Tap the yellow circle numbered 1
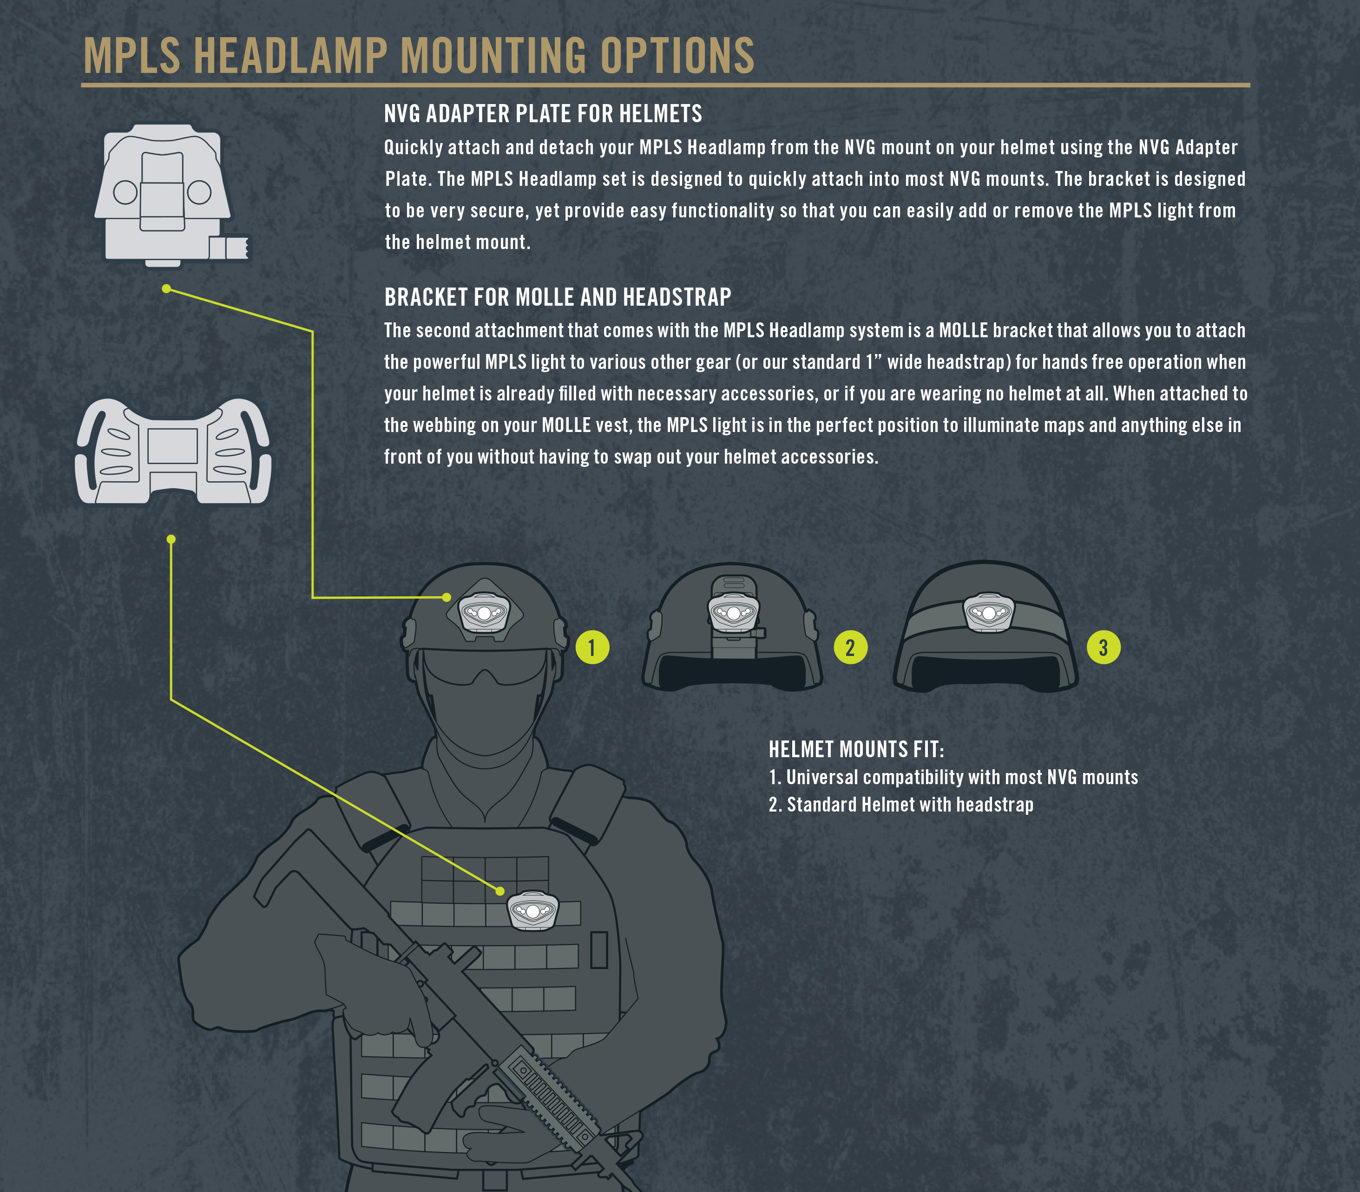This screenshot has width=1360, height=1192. (x=592, y=647)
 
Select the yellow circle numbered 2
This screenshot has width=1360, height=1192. (x=850, y=647)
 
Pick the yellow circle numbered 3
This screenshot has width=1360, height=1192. (x=1103, y=647)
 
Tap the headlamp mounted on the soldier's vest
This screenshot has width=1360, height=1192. (x=533, y=910)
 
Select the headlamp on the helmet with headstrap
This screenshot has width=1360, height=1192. (x=989, y=612)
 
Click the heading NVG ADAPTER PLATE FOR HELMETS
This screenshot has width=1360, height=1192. (x=542, y=114)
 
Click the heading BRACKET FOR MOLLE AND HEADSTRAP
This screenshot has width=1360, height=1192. (x=558, y=297)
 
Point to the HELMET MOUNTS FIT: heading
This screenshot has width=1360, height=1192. (x=856, y=750)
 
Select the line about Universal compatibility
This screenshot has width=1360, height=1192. (x=953, y=777)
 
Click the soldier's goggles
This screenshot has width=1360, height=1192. (x=484, y=667)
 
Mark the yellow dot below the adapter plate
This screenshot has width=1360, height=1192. (x=166, y=288)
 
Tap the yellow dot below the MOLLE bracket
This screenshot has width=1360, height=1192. (x=171, y=539)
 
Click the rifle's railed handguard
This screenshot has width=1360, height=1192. (x=552, y=1091)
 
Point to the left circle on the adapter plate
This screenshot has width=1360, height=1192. (x=125, y=193)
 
